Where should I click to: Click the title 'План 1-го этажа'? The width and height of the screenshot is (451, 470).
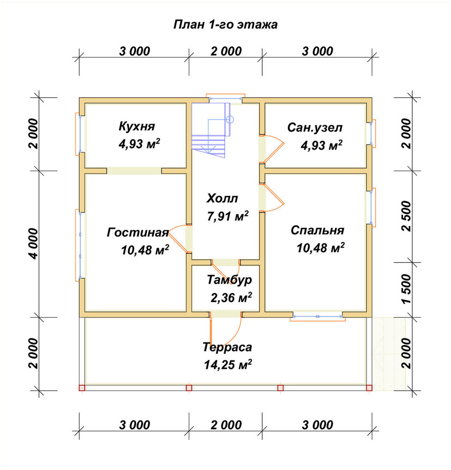point(225,24)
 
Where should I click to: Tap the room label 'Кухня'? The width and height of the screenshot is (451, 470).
point(137,126)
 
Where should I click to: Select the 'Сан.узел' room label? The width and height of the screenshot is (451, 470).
point(315,128)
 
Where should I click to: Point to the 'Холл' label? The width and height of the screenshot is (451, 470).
point(222,198)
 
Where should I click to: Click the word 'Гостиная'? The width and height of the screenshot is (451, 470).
point(138,233)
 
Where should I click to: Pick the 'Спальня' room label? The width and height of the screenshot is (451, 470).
point(318,230)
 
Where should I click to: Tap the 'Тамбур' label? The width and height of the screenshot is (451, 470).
point(229,280)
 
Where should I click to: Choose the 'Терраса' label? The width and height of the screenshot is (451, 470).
point(228,347)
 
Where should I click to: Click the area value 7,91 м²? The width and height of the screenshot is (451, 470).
point(228,216)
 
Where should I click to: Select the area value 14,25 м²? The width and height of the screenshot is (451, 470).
point(228,365)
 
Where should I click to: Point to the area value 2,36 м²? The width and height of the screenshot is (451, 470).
point(231,298)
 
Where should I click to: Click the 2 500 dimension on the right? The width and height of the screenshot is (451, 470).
point(407,216)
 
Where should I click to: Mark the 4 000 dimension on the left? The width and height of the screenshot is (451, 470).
point(33,243)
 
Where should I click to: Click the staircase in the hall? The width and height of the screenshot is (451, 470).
point(211,130)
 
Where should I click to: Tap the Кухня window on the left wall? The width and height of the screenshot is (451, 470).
point(77,133)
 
